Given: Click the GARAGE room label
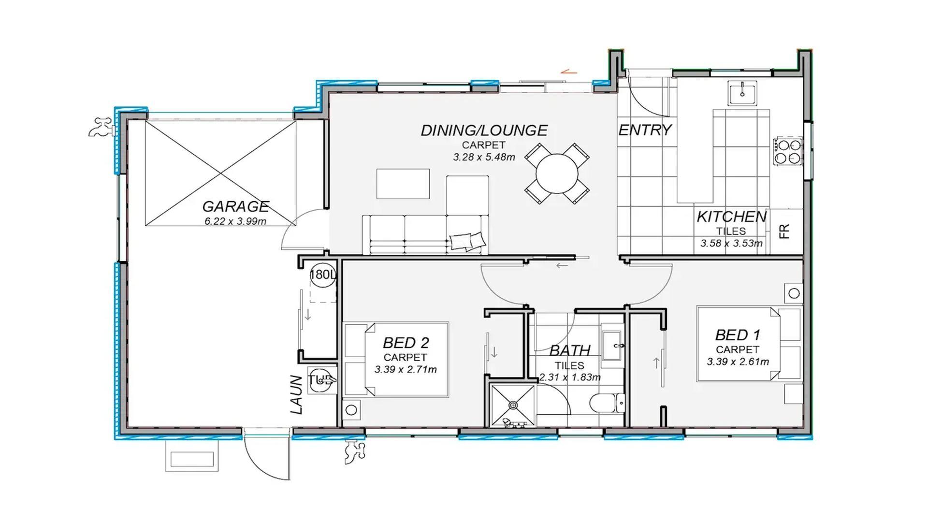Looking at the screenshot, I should [x=235, y=207].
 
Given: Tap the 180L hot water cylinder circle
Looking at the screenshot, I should [x=322, y=275].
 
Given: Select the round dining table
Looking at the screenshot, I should [x=557, y=173].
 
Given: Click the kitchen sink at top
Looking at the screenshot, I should [x=742, y=93].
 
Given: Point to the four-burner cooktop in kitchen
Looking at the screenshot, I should [x=788, y=151].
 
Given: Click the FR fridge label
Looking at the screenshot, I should [x=784, y=232].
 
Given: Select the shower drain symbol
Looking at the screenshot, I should [x=513, y=405].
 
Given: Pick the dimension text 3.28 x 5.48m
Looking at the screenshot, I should [x=484, y=157].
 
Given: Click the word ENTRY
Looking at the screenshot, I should [x=645, y=130].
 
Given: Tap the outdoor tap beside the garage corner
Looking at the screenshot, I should [x=101, y=127].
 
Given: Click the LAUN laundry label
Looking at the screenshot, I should [x=297, y=394].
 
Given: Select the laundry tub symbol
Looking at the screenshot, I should [x=322, y=380].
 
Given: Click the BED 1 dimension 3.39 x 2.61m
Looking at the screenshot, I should [x=738, y=362].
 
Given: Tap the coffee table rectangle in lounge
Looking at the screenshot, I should [x=403, y=184].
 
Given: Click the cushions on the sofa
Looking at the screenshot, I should [x=467, y=241].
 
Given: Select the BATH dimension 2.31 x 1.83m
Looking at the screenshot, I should [x=570, y=377].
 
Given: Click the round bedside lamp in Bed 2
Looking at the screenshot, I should [x=351, y=410].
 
